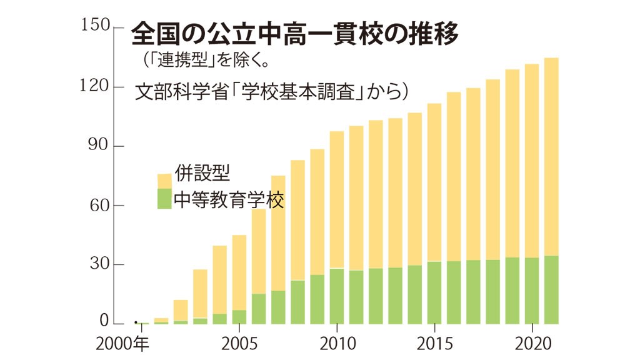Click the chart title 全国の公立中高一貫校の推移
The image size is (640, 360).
pyautogui.click(x=294, y=35)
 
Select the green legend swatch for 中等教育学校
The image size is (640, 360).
pyautogui.click(x=164, y=199)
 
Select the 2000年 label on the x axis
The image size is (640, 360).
pyautogui.click(x=121, y=344)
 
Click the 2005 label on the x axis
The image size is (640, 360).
pyautogui.click(x=239, y=344)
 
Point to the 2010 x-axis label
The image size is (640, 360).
pyautogui.click(x=337, y=344)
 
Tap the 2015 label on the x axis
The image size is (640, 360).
pyautogui.click(x=434, y=344)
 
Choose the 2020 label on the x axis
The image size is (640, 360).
pyautogui.click(x=532, y=344)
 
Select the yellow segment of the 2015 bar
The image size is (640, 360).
pyautogui.click(x=434, y=181)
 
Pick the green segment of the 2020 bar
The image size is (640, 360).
pyautogui.click(x=532, y=291)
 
